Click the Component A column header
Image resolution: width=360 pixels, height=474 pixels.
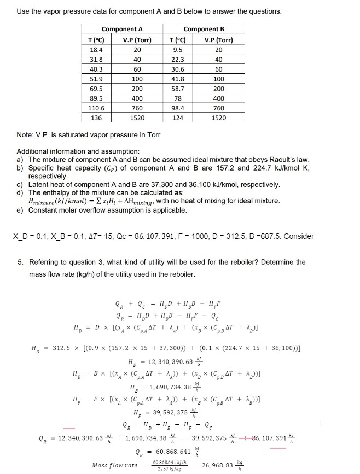tap(122, 28)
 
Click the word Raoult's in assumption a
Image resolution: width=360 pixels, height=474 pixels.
tap(289, 159)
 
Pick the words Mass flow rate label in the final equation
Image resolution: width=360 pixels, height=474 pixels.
tap(115, 465)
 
